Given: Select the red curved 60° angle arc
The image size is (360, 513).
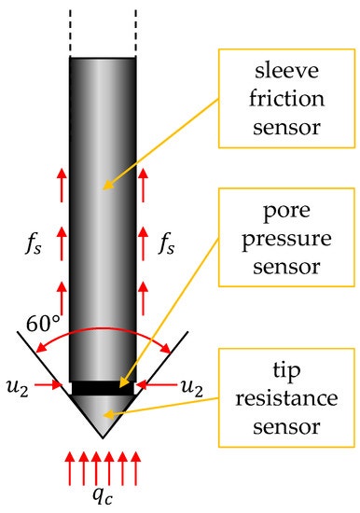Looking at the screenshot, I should (103, 329).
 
